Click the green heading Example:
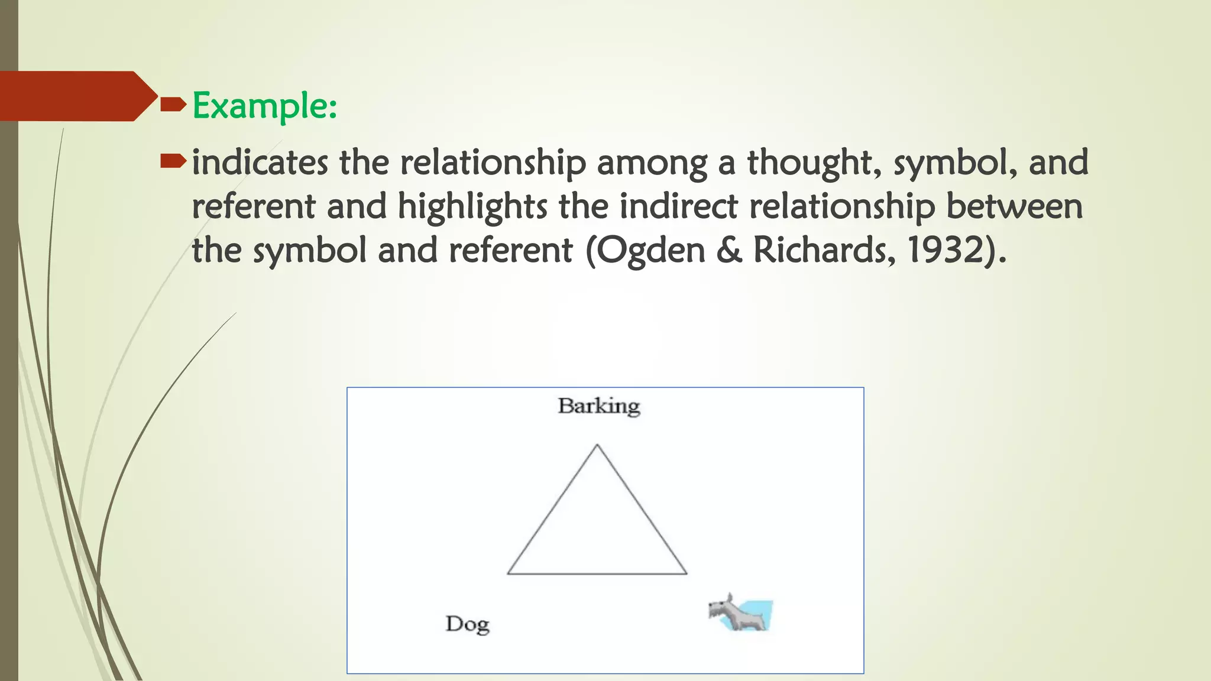[x=264, y=106]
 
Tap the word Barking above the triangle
[x=598, y=407]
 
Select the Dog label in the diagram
[x=467, y=624]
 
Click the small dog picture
[x=740, y=614]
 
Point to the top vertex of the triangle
[x=597, y=445]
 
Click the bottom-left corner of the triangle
[x=508, y=573]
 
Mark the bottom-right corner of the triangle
[x=687, y=573]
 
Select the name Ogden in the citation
[x=650, y=250]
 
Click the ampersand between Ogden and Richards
[x=728, y=250]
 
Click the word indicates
[x=260, y=163]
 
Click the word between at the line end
[x=1014, y=206]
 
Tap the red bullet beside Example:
[x=173, y=105]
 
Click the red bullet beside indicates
[x=173, y=160]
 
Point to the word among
[x=652, y=164]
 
